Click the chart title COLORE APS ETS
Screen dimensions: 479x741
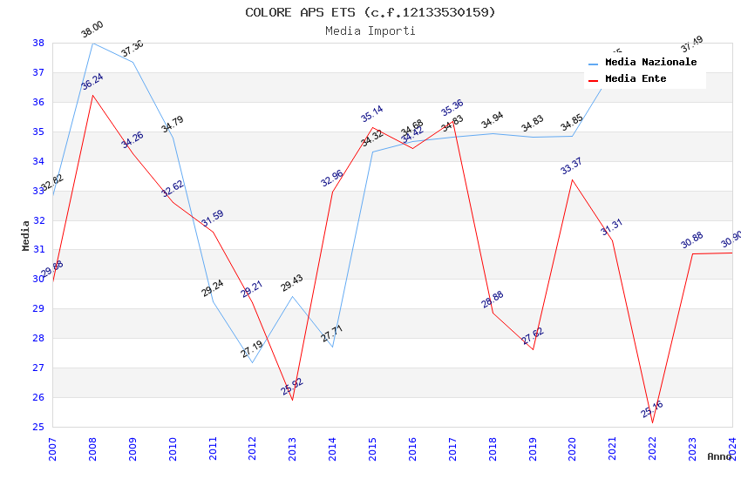[x=370, y=12]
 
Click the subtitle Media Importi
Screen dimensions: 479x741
[x=370, y=30]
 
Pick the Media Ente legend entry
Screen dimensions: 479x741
[x=636, y=78]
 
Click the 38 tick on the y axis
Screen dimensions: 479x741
[x=38, y=43]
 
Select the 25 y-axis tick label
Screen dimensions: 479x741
[x=38, y=427]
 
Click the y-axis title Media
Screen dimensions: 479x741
[x=26, y=235]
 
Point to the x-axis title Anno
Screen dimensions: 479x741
[x=719, y=456]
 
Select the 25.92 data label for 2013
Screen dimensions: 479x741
[x=292, y=386]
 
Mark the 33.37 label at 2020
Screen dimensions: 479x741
[x=572, y=166]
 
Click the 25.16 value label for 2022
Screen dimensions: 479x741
[x=652, y=409]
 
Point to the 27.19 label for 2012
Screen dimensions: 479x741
[x=252, y=350]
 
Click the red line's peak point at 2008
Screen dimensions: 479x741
[x=92, y=94]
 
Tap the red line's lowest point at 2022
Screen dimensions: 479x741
[x=652, y=422]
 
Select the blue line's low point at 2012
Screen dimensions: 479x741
[x=252, y=362]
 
